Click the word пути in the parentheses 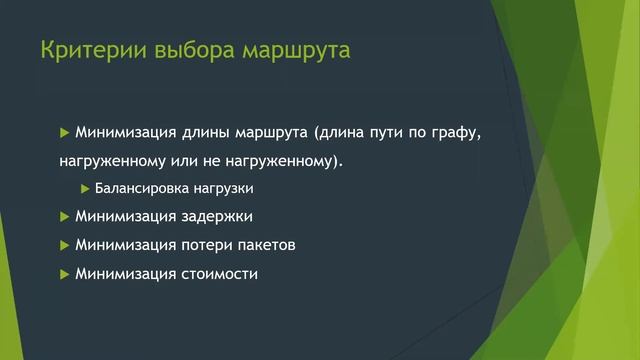387,132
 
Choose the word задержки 218,216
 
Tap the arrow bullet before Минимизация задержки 65,216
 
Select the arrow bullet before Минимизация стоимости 65,273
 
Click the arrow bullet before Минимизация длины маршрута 65,132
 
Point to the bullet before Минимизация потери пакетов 65,245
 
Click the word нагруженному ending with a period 293,160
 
